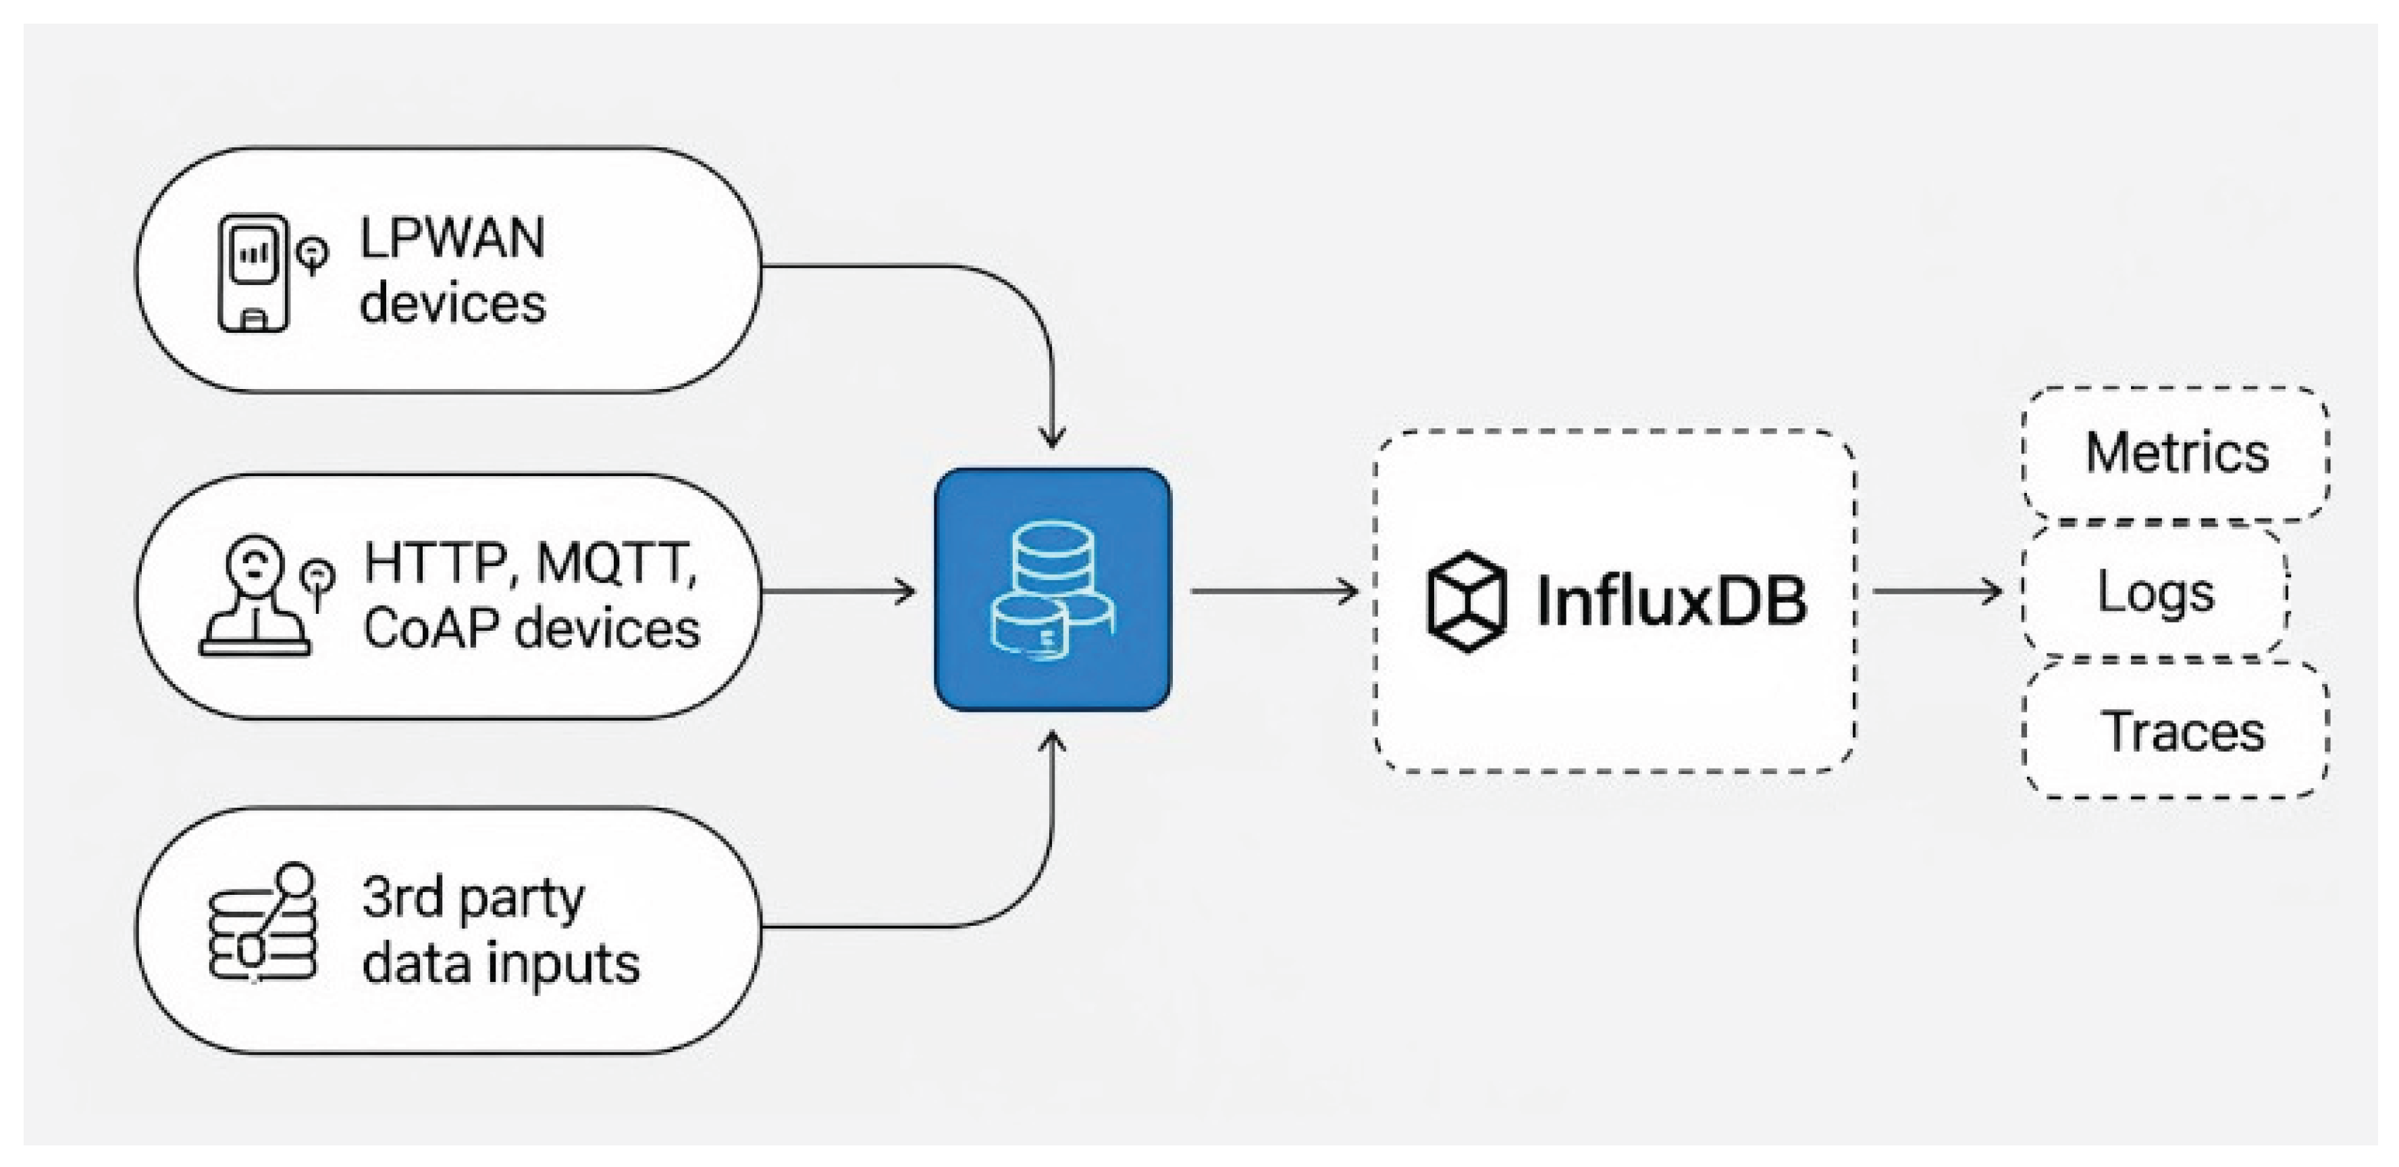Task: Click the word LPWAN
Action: click(x=452, y=238)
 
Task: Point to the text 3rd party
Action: click(x=473, y=899)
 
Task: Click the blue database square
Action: click(x=1053, y=590)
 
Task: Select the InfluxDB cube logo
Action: click(x=1466, y=602)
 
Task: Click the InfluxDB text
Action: click(x=1672, y=602)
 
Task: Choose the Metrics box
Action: click(x=2176, y=454)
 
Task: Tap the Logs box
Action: click(x=2155, y=592)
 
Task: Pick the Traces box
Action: click(x=2176, y=731)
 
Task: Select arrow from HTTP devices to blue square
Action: click(x=838, y=590)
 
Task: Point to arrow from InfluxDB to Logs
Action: click(x=1937, y=590)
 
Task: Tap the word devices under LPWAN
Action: click(x=452, y=305)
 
